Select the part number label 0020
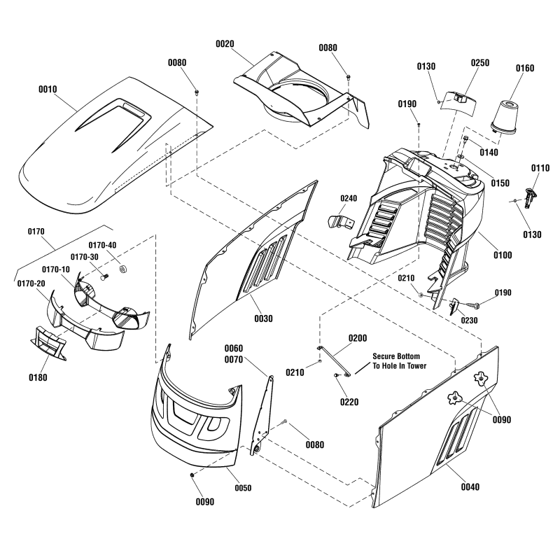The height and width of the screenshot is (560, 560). coord(225,43)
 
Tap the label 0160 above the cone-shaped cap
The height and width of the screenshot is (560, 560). coord(524,68)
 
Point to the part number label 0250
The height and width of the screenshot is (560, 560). coord(479,63)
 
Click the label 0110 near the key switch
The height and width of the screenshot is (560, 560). coord(540,168)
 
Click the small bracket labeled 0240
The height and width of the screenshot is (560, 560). coord(338,221)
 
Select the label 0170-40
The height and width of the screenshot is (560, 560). coord(103,244)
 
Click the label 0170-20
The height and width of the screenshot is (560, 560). coord(30,283)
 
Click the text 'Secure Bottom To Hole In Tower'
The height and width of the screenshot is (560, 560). coord(399,360)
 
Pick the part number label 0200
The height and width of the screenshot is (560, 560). coord(357,337)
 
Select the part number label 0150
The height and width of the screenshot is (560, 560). coord(500,183)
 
